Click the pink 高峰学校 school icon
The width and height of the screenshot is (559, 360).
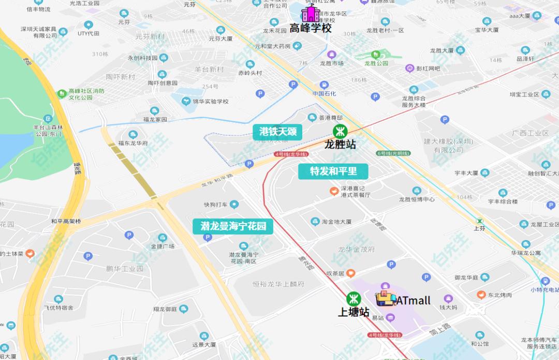pos(311,13)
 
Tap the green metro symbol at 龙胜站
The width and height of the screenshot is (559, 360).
pos(340,130)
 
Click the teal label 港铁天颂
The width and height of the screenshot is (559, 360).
pos(278,132)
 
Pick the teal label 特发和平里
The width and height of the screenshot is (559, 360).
pos(333,171)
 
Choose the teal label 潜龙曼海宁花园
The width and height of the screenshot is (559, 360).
pos(233,226)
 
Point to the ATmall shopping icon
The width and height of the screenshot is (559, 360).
pos(386,298)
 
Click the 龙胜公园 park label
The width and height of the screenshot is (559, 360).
pos(376,64)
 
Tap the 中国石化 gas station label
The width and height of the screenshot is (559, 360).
pos(325,94)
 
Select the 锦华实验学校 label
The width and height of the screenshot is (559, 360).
pos(211,101)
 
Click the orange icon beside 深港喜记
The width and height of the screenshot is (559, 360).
pos(335,191)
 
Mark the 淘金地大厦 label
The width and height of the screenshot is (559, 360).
pos(337,222)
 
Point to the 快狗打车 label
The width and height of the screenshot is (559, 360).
pos(216,204)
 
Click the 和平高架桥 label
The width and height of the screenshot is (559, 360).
pos(66,221)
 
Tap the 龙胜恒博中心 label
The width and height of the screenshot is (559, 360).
pos(417,199)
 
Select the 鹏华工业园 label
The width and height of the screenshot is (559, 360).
pos(124,268)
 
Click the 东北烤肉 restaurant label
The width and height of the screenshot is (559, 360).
pos(502,295)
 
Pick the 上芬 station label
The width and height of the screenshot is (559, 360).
pos(480,228)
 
